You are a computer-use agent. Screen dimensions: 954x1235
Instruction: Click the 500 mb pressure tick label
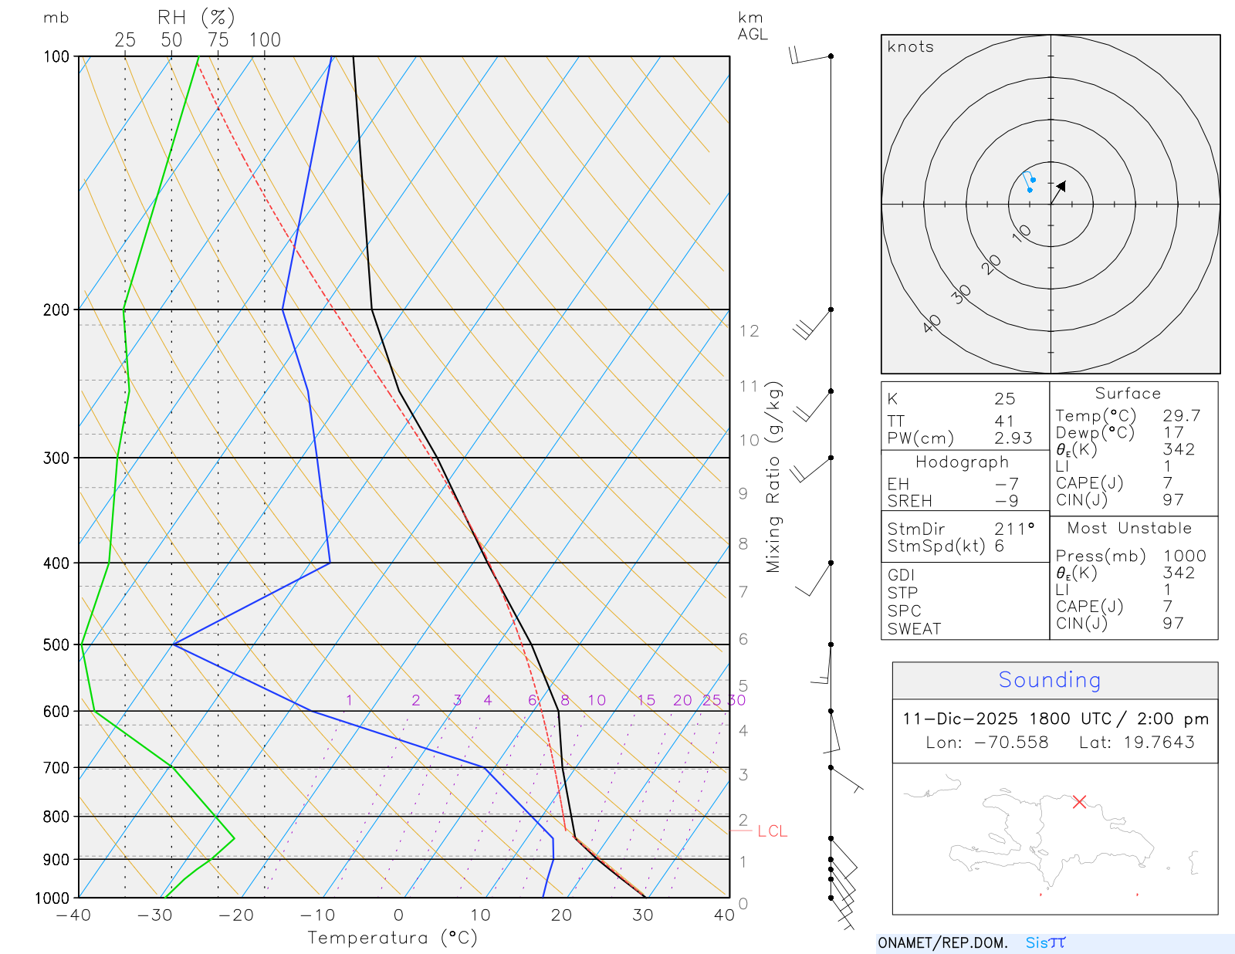click(x=56, y=644)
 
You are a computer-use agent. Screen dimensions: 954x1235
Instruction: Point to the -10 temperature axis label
click(x=317, y=915)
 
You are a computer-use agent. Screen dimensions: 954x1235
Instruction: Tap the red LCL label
click(x=772, y=831)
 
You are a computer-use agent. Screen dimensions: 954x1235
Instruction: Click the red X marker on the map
click(x=1079, y=802)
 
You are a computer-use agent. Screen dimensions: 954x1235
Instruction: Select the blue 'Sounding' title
click(x=1050, y=680)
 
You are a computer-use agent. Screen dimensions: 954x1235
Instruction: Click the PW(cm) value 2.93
click(x=1013, y=438)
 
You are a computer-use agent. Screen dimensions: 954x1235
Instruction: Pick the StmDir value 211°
click(x=1014, y=529)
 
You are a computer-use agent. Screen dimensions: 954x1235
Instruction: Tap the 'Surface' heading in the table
click(x=1128, y=394)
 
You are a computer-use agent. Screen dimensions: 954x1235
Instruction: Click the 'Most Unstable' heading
click(x=1129, y=529)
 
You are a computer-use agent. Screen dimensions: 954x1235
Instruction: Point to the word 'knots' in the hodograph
click(x=910, y=47)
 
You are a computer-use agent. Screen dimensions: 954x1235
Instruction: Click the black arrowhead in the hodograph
click(x=1061, y=187)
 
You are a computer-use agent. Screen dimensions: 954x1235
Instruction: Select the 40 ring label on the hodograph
click(x=932, y=323)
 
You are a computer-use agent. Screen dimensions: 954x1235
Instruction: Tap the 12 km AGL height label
click(x=749, y=331)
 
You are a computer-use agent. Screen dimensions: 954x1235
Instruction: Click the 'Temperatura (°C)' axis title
click(x=392, y=938)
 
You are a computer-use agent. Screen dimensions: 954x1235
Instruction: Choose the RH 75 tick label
click(x=218, y=40)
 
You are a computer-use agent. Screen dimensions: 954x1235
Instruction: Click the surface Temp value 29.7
click(x=1182, y=416)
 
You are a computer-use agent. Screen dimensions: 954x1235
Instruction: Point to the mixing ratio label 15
click(x=646, y=700)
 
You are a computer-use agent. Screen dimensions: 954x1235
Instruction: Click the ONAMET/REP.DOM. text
click(x=942, y=943)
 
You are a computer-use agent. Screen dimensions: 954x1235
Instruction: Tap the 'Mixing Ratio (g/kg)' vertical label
click(x=773, y=477)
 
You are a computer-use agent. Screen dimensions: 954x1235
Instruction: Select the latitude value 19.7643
click(x=1159, y=743)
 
